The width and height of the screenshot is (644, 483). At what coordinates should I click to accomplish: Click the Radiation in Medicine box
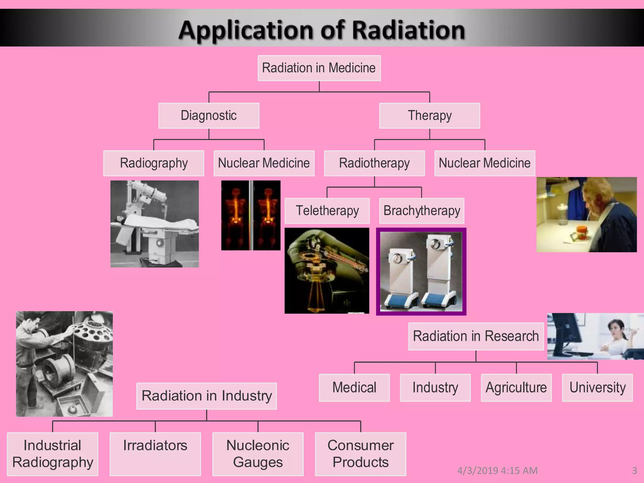[319, 68]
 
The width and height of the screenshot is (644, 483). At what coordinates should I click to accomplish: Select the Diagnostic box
[209, 116]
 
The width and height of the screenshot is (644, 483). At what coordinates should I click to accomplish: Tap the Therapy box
[430, 116]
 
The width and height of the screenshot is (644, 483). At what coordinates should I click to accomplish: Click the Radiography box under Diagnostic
[154, 163]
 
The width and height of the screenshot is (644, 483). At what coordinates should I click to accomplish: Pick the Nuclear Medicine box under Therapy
[485, 163]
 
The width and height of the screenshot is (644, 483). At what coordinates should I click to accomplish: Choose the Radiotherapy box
[374, 163]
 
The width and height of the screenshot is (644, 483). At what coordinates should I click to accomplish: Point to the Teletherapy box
[327, 211]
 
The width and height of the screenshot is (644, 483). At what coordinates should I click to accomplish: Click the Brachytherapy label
[422, 211]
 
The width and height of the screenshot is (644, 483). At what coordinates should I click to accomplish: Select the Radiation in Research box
[476, 336]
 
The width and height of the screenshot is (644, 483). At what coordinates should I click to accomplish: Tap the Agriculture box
[516, 387]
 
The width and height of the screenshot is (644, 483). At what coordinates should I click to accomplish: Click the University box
[597, 387]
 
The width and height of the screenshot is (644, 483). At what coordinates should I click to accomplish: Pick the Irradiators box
[155, 453]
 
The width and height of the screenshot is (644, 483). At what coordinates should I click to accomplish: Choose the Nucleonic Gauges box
[258, 453]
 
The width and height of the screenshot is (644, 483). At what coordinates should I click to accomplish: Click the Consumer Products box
[360, 453]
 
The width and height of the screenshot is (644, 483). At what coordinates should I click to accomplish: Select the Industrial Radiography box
[53, 453]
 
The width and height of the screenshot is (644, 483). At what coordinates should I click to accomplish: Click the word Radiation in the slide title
[408, 31]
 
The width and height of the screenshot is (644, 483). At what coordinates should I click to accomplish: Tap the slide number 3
[634, 470]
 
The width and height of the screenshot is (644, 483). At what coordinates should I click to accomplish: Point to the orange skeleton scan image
[251, 215]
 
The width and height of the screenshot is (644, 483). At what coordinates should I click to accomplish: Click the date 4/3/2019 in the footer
[478, 470]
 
